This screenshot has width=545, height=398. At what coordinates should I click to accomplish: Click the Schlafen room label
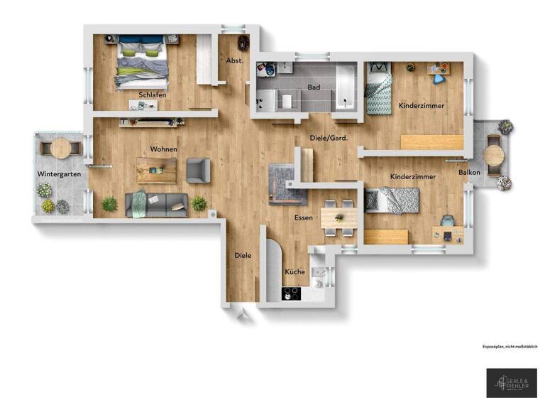click(153, 95)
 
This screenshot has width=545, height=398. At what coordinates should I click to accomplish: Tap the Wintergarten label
click(59, 174)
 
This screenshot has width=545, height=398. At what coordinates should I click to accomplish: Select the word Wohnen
click(163, 150)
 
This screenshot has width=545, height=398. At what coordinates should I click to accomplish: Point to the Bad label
click(314, 88)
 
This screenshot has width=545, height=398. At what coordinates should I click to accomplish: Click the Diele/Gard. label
click(329, 138)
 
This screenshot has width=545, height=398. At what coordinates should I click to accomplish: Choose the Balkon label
click(470, 173)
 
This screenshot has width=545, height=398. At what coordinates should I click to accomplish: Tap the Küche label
click(294, 272)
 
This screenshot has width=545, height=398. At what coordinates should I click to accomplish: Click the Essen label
click(304, 219)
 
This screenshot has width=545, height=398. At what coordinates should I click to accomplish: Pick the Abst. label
click(234, 61)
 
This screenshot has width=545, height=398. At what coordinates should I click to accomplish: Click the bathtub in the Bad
click(346, 87)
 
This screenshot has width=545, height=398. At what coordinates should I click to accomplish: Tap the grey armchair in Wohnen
click(198, 170)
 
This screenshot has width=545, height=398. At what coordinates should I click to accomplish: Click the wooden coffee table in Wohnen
click(157, 170)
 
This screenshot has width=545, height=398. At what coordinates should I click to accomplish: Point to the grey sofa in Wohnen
click(157, 204)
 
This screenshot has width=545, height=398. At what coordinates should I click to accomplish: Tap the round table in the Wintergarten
click(61, 149)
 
